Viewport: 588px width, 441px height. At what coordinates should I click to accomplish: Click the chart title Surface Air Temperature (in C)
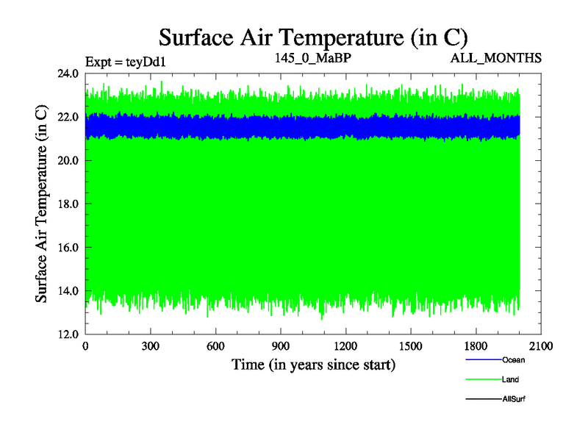[314, 37]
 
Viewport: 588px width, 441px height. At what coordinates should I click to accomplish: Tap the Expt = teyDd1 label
[126, 61]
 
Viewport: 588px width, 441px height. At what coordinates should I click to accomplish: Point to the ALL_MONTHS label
[496, 57]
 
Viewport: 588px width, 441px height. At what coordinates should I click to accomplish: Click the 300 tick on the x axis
[151, 346]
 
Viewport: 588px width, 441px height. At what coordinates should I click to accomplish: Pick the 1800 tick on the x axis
[476, 346]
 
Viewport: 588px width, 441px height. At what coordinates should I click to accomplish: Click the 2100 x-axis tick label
[540, 346]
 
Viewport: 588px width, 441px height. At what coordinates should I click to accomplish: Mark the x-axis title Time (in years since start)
[313, 364]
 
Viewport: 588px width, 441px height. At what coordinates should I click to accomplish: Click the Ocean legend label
[514, 360]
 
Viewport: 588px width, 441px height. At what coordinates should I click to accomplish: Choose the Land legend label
[511, 380]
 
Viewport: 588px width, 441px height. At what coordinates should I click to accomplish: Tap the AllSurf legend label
[514, 399]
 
